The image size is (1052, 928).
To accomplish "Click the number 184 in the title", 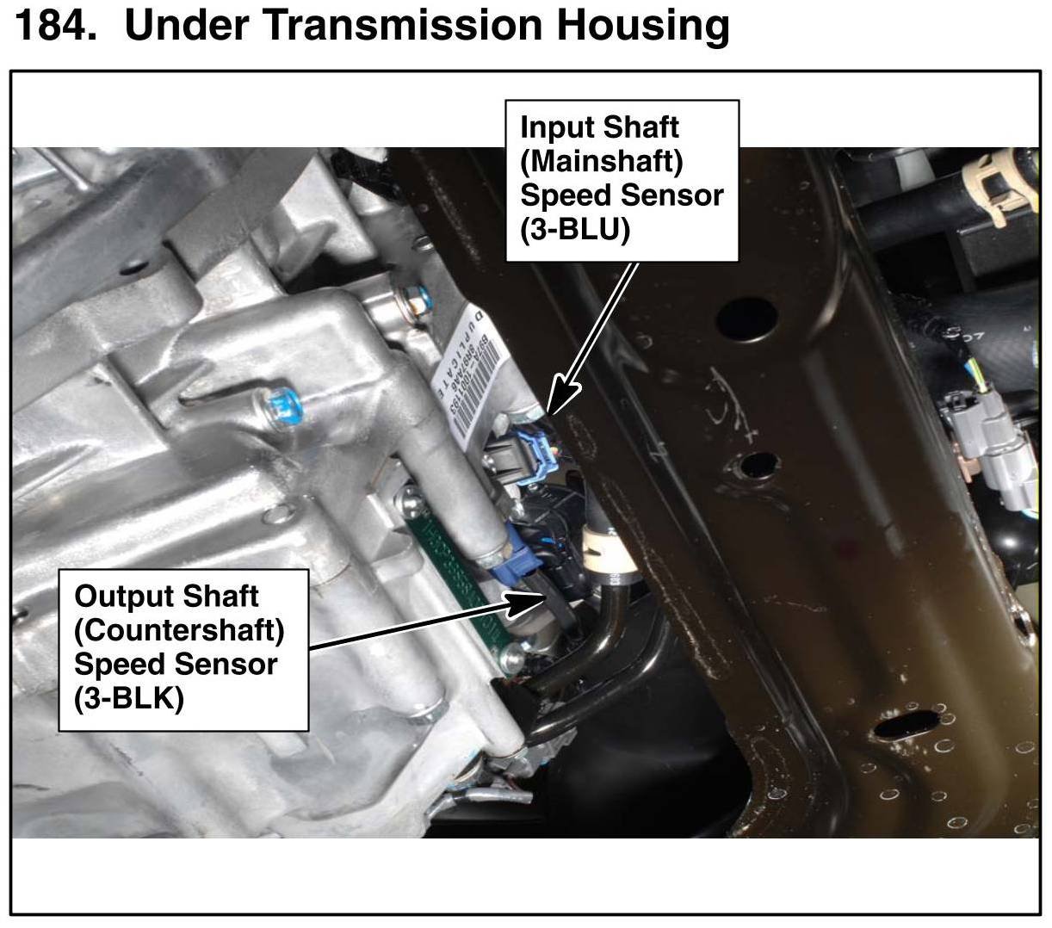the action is (x=53, y=26).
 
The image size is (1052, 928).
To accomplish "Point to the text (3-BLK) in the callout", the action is (x=129, y=698).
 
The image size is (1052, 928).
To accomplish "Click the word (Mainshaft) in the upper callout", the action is (x=601, y=161).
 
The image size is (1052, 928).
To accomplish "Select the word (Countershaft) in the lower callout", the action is (x=179, y=630).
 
